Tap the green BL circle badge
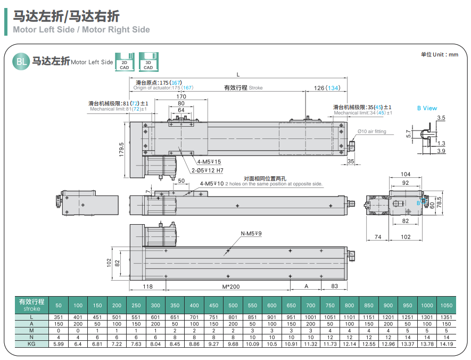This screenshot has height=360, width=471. pyautogui.click(x=21, y=62)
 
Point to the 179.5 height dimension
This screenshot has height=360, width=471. pyautogui.click(x=122, y=150)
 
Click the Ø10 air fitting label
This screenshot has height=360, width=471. pyautogui.click(x=371, y=132)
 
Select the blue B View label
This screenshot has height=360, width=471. pyautogui.click(x=427, y=108)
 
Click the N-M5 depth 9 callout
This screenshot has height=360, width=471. pyautogui.click(x=251, y=233)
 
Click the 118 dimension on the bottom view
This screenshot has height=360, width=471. pyautogui.click(x=148, y=286)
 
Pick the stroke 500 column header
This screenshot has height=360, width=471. pyautogui.click(x=233, y=305)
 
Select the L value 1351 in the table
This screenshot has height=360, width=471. pyautogui.click(x=447, y=317)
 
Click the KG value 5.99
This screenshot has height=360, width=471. pyautogui.click(x=59, y=344)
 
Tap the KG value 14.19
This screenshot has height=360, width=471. pyautogui.click(x=447, y=344)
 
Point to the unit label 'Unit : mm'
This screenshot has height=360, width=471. pyautogui.click(x=439, y=54)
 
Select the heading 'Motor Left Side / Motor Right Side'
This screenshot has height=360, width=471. pyautogui.click(x=81, y=30)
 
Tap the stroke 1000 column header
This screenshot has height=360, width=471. pyautogui.click(x=427, y=305)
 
